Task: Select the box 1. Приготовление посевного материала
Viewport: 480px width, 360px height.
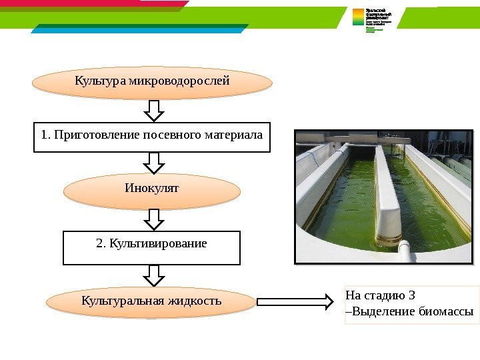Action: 152,137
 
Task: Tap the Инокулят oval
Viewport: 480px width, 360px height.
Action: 152,192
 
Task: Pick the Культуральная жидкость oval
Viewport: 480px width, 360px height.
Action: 151,302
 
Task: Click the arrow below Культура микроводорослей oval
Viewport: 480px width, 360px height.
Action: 154,111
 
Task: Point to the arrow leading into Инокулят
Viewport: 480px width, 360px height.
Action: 154,162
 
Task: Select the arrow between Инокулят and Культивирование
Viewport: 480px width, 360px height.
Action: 154,219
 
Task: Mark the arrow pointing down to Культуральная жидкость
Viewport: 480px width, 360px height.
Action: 154,275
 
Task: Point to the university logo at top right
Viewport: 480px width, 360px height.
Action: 377,20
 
